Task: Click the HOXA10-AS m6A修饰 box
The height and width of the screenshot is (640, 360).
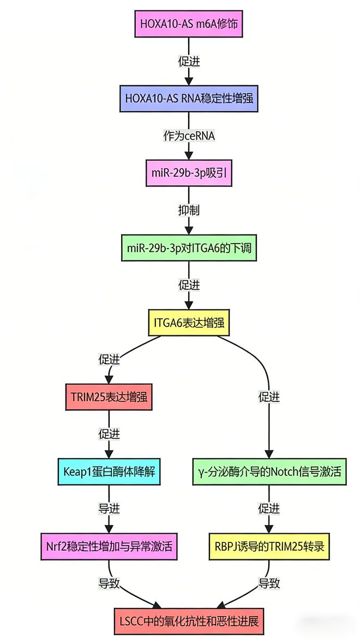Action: click(x=189, y=23)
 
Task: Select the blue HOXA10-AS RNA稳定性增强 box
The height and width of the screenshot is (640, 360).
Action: click(x=189, y=99)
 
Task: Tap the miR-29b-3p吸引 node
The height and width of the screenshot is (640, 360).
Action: click(x=189, y=174)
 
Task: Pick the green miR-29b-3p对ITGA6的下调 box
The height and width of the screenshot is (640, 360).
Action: click(x=189, y=249)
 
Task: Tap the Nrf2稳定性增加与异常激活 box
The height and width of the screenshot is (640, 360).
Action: click(x=109, y=546)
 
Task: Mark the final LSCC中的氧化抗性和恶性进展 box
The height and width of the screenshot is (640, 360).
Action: click(x=189, y=620)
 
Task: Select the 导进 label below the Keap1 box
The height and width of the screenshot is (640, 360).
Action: click(x=109, y=509)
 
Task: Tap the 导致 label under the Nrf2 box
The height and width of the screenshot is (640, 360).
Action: click(x=109, y=583)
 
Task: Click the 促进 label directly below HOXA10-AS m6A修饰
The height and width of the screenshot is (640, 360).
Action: click(x=189, y=61)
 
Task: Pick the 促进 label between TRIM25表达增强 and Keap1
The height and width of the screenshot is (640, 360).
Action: click(x=109, y=434)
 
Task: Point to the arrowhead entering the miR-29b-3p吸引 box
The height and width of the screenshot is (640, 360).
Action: click(x=189, y=156)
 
